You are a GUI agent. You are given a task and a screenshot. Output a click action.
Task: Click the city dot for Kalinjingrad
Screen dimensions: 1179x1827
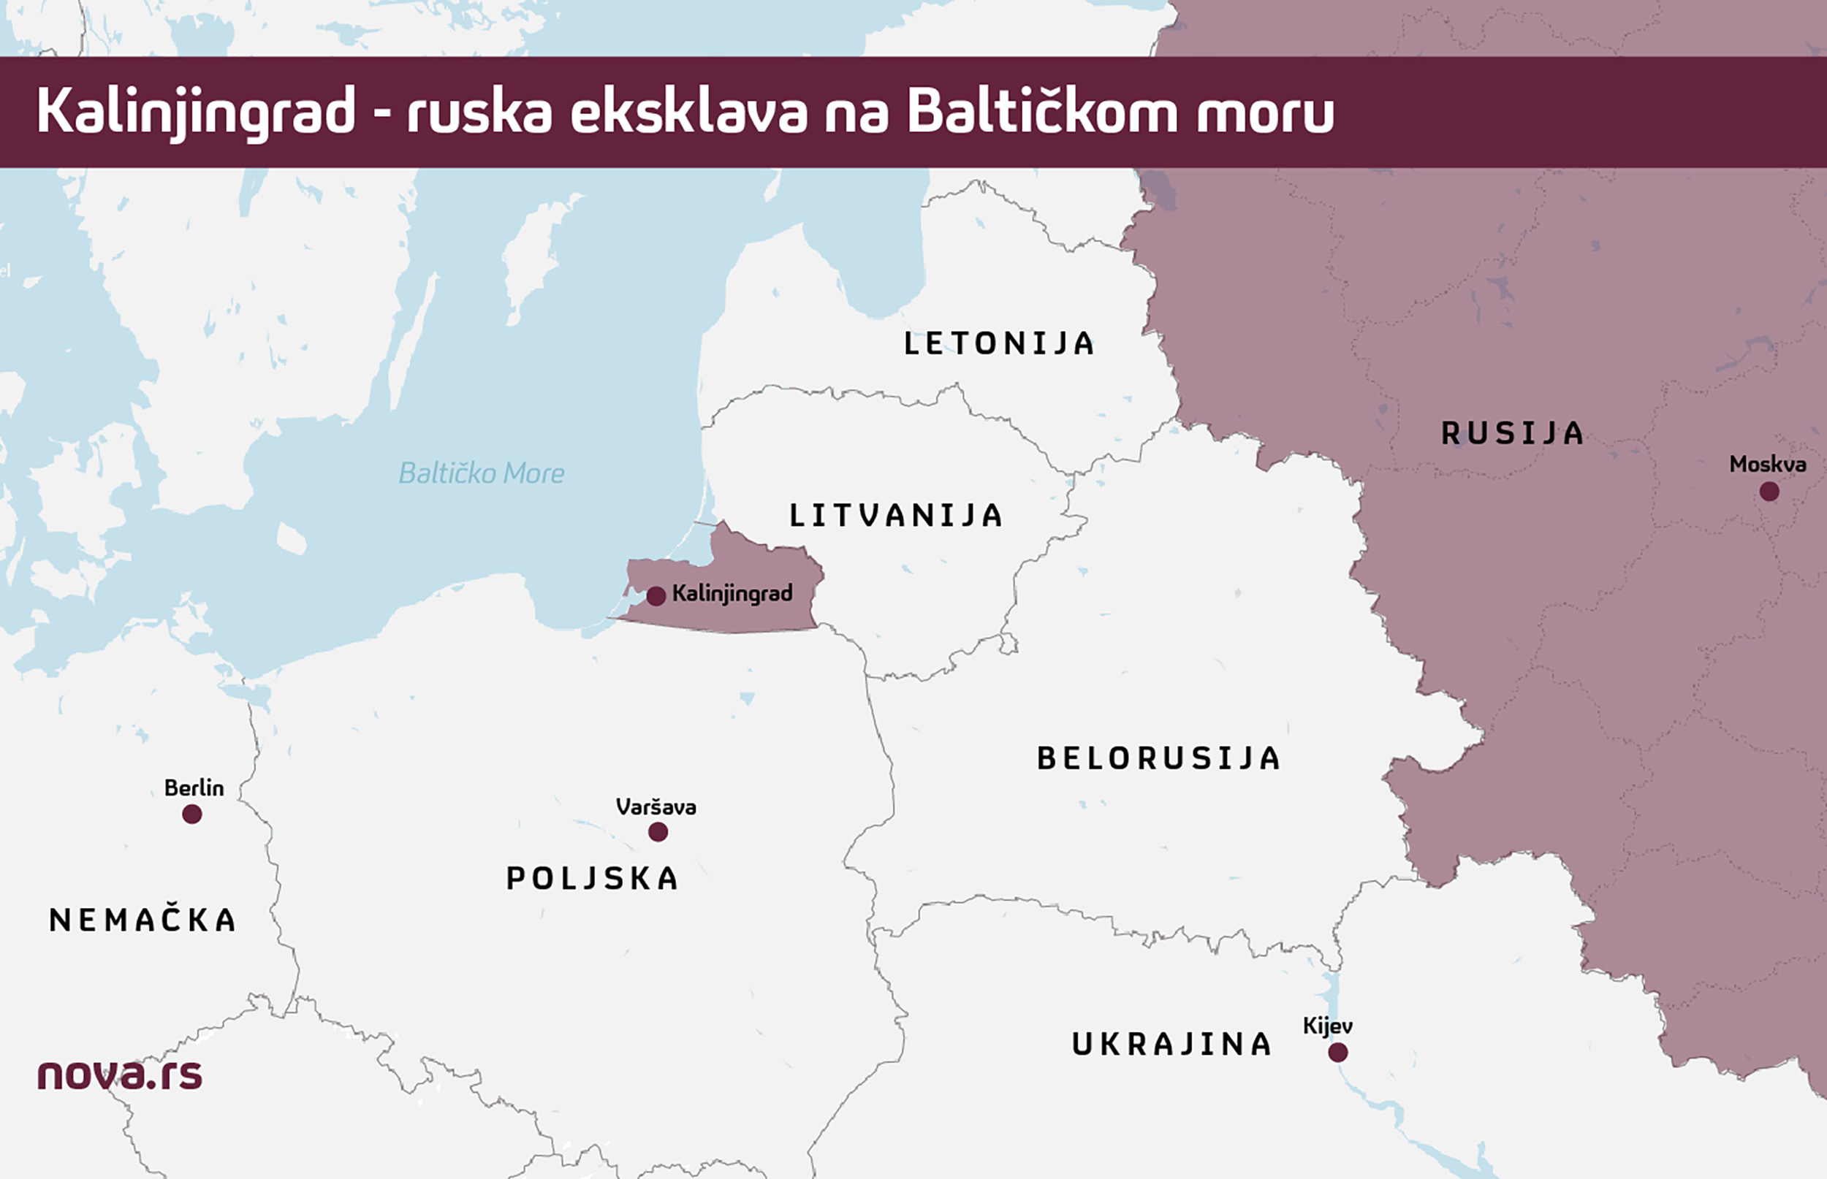(x=656, y=596)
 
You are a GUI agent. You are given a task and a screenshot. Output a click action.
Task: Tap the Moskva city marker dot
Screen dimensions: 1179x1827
(x=1769, y=492)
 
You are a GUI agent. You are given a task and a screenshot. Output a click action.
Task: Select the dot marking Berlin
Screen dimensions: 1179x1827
(x=192, y=814)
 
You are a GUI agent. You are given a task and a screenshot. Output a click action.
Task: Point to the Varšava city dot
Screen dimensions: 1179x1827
(x=658, y=832)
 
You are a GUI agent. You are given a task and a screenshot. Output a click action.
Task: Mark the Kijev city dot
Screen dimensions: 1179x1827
(x=1337, y=1053)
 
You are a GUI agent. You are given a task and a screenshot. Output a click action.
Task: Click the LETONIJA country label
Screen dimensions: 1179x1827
(x=999, y=344)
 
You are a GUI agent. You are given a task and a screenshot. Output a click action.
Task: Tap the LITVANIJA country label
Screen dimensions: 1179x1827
(x=896, y=516)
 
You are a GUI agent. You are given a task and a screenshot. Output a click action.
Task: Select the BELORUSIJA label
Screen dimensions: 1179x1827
(x=1158, y=759)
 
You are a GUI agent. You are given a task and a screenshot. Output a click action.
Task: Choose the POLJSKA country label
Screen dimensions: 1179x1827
(x=593, y=879)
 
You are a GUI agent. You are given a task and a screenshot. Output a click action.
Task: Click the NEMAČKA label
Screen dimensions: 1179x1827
(x=143, y=920)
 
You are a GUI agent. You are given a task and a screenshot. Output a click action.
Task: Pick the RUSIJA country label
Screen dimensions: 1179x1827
(x=1512, y=433)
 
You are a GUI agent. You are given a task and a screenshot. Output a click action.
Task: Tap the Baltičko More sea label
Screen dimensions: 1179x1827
(x=482, y=474)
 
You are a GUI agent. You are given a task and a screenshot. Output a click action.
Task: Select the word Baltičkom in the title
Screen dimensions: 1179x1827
(x=1042, y=112)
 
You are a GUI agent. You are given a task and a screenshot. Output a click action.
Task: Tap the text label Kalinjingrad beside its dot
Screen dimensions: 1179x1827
(x=732, y=593)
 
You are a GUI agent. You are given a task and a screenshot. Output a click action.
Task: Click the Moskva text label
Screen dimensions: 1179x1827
(x=1767, y=464)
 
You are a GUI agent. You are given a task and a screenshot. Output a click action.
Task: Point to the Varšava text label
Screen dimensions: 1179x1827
(x=656, y=807)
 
